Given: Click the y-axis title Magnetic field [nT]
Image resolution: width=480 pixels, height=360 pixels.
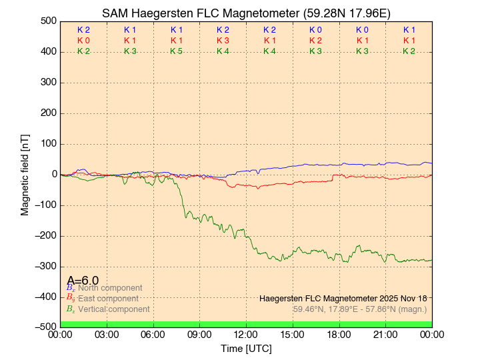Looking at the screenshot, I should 25,173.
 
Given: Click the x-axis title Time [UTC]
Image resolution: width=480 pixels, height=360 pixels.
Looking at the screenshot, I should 246,349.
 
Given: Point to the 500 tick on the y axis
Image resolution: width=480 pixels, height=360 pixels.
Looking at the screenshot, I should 47,21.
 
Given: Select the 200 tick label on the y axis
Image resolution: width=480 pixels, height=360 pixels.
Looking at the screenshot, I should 47,113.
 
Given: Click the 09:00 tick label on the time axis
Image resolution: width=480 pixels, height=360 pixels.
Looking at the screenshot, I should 199,334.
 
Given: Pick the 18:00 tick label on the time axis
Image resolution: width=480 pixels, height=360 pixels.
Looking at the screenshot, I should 339,334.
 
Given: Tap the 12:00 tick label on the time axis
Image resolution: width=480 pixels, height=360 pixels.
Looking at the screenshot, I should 246,334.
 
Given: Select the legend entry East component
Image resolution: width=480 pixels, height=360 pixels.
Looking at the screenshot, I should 108,299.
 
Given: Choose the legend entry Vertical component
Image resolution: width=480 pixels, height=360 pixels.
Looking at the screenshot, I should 113,309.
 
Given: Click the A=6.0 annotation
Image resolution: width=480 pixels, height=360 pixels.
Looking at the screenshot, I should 83,280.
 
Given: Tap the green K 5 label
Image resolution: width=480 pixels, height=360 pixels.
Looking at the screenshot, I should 176,51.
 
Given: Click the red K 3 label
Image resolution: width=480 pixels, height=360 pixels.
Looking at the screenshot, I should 223,41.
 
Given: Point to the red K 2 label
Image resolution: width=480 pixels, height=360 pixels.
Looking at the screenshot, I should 315,41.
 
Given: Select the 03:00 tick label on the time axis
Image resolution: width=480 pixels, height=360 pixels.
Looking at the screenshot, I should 107,334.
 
